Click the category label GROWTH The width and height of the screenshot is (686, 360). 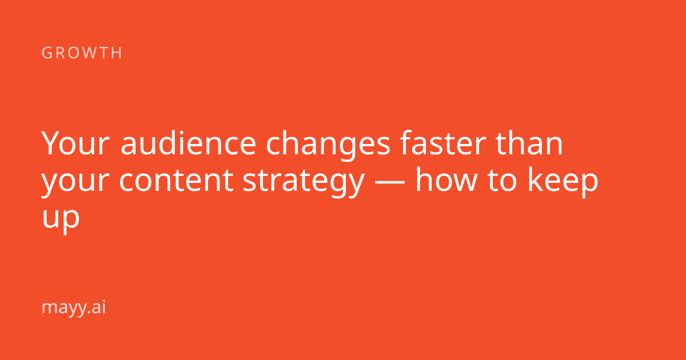click(x=82, y=53)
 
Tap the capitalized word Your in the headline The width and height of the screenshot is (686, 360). click(x=75, y=143)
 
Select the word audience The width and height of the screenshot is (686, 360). click(x=188, y=143)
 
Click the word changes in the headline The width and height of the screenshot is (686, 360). click(x=328, y=145)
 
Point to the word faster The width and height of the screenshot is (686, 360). click(x=443, y=143)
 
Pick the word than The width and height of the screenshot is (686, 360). click(x=529, y=143)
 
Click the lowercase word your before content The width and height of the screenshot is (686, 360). click(x=75, y=182)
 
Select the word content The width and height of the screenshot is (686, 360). click(x=177, y=181)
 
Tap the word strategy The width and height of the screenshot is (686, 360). click(x=304, y=182)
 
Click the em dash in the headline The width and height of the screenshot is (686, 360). click(x=390, y=182)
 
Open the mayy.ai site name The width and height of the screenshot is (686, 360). click(x=74, y=307)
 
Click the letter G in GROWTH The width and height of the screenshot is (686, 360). click(x=46, y=53)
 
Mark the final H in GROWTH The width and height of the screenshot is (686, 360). click(x=117, y=53)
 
